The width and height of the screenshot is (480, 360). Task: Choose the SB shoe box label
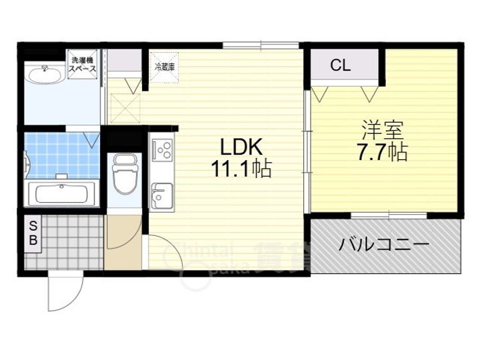coord(32,234)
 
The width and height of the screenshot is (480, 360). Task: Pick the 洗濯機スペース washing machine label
coord(84,64)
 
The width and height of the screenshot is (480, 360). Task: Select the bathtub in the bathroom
coord(61,194)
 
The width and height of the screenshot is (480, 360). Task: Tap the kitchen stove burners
coord(162,150)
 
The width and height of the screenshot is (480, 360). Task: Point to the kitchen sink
coord(160,198)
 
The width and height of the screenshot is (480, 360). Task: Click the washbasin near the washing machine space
coord(45,71)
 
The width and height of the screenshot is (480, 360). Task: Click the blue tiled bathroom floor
coord(61,153)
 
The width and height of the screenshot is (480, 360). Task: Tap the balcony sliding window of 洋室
coord(389,215)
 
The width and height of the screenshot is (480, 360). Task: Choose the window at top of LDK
coord(261,45)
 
